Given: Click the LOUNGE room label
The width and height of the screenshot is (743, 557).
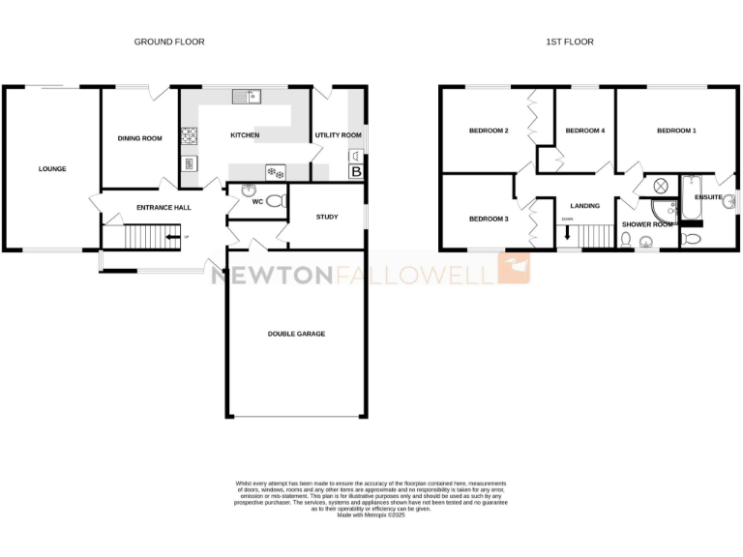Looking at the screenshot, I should click(52, 169).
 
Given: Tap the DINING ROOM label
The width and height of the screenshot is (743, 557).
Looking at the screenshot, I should click(140, 138).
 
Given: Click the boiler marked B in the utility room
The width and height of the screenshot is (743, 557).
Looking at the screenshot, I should click(355, 172).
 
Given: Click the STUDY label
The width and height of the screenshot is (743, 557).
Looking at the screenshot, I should click(327, 217).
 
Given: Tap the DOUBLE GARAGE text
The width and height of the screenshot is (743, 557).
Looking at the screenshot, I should click(296, 334).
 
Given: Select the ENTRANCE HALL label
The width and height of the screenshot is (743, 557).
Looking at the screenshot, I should click(163, 207).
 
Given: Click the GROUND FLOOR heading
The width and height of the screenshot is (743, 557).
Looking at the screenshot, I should click(169, 42).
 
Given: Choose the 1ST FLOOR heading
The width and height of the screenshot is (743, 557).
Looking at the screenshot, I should click(570, 42).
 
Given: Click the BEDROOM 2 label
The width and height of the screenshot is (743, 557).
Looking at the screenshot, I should click(489, 131).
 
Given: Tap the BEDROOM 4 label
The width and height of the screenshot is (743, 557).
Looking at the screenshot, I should click(584, 131).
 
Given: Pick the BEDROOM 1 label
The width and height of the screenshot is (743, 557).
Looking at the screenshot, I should click(676, 131).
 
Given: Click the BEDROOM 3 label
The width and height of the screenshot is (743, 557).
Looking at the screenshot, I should click(489, 219).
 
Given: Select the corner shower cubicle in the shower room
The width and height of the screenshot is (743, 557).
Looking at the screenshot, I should click(664, 212).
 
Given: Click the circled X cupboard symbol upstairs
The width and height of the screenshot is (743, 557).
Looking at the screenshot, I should click(663, 186).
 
